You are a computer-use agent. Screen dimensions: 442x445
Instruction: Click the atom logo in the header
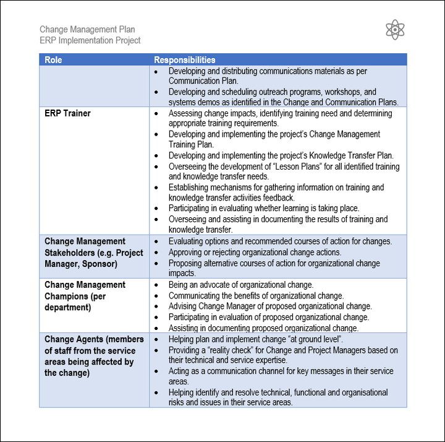pyautogui.click(x=395, y=30)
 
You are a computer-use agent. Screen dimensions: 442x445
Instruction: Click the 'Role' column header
pyautogui.click(x=53, y=60)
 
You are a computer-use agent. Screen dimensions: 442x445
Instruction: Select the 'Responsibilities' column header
pyautogui.click(x=184, y=60)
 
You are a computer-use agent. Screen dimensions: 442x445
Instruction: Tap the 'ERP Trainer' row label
pyautogui.click(x=67, y=113)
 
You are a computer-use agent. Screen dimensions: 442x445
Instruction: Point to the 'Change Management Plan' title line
pyautogui.click(x=87, y=29)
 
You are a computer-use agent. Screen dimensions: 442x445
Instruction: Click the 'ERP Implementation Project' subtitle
pyautogui.click(x=90, y=40)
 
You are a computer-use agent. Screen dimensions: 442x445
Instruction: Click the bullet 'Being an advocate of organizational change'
pyautogui.click(x=240, y=285)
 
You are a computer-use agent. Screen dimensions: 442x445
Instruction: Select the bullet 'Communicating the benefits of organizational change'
pyautogui.click(x=256, y=296)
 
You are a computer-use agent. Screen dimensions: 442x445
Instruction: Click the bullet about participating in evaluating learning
pyautogui.click(x=263, y=208)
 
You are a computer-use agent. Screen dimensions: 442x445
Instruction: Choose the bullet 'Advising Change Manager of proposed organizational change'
pyautogui.click(x=270, y=306)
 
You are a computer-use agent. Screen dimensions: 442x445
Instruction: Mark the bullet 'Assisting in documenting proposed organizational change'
pyautogui.click(x=263, y=328)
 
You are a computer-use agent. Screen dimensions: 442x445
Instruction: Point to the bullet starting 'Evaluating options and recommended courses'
pyautogui.click(x=280, y=241)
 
